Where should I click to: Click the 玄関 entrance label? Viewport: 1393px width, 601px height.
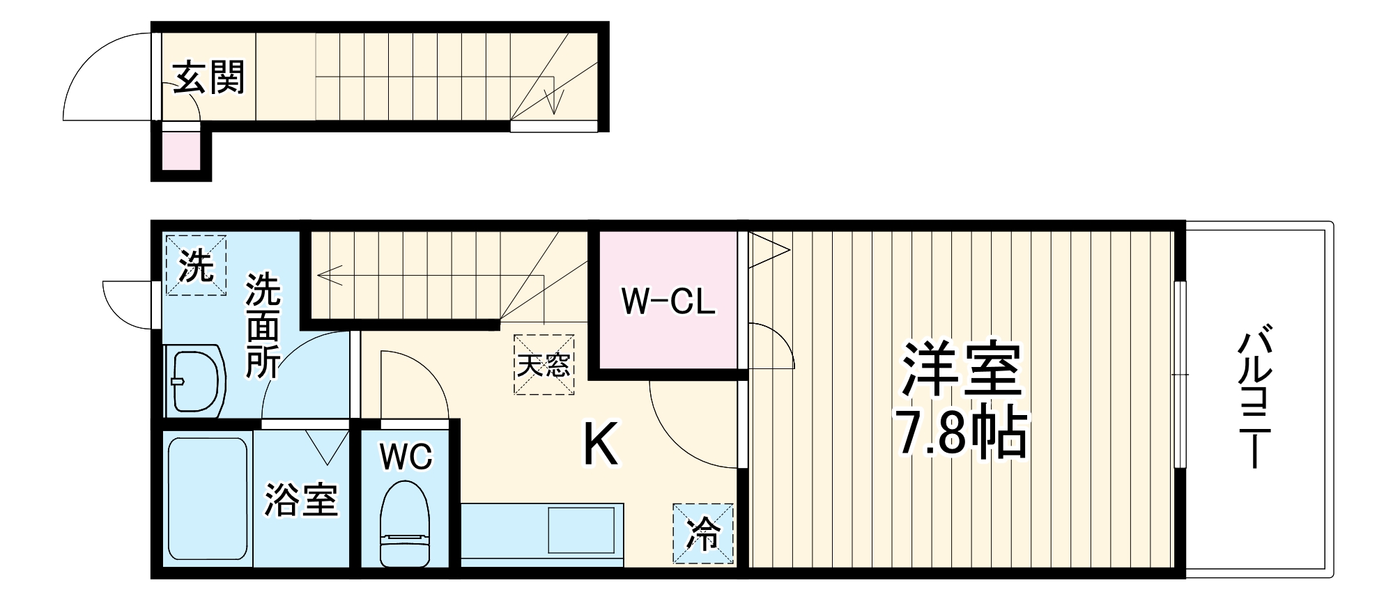tap(209, 77)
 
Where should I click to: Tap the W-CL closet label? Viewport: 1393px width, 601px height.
tap(668, 302)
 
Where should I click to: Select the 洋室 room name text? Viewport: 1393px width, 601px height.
tap(962, 369)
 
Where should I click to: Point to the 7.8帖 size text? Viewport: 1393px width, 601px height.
tap(962, 433)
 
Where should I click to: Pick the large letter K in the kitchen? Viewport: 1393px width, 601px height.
tap(599, 445)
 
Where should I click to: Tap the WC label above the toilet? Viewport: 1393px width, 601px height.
tap(406, 457)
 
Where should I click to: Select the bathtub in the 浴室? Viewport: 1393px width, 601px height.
tap(208, 499)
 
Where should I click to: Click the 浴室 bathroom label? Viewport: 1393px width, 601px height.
tap(300, 500)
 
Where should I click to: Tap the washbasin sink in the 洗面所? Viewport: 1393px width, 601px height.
tap(194, 382)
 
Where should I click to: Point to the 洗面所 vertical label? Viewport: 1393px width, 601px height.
tap(263, 327)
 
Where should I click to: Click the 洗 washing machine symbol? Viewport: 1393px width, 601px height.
tap(196, 265)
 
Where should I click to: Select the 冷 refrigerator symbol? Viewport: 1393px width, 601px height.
tap(703, 533)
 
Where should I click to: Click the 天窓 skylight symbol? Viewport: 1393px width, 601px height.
tap(544, 364)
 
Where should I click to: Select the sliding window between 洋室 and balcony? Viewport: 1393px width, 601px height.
tap(1179, 375)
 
